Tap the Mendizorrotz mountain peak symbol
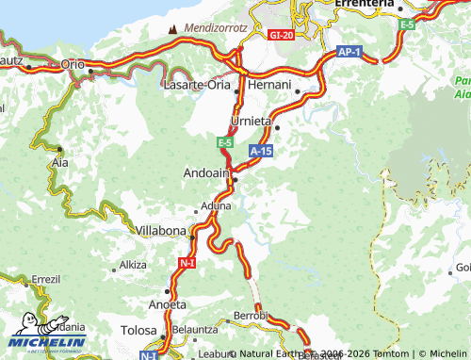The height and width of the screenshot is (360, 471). click(171, 28)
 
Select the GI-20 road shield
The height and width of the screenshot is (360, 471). click(281, 35)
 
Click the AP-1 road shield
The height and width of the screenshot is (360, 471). click(349, 51)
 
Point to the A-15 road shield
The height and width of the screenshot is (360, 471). click(261, 150)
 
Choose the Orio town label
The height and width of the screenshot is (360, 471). click(73, 63)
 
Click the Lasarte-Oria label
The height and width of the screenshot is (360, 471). click(197, 85)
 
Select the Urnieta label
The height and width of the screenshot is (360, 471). click(252, 122)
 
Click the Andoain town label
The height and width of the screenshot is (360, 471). click(204, 173)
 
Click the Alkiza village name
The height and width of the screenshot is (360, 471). click(133, 266)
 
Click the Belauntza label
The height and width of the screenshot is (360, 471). click(195, 331)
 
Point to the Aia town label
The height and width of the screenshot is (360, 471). click(58, 162)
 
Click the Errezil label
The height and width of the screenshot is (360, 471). click(45, 280)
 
